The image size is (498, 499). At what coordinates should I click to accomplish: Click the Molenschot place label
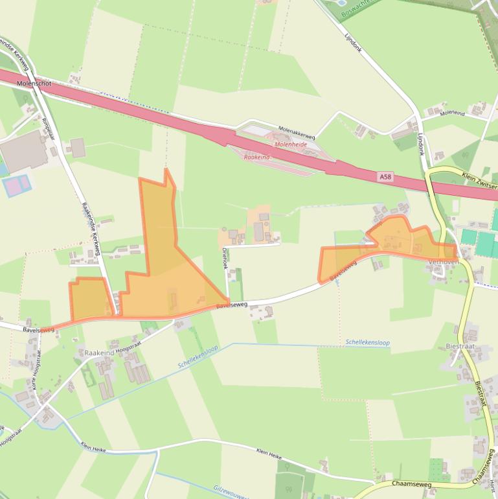click(33, 84)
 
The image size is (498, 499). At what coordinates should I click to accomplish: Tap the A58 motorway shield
click(386, 176)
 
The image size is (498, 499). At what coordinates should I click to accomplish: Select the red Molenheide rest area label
click(291, 145)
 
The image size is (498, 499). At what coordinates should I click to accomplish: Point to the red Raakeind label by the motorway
click(256, 157)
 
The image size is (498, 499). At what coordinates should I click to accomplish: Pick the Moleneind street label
click(452, 113)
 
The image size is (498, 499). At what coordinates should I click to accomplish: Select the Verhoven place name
click(444, 262)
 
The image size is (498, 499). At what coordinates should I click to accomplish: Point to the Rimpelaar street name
click(47, 129)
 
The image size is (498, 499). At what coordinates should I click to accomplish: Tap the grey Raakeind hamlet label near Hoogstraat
click(98, 353)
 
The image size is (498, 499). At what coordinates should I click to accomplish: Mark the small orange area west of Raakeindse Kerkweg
click(89, 298)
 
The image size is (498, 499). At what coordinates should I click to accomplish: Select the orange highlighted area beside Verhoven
click(389, 243)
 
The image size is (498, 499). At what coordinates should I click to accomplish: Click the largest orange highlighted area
click(162, 272)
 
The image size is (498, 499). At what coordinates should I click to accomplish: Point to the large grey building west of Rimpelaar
click(25, 152)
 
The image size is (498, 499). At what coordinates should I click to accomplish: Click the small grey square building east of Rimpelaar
click(78, 148)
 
